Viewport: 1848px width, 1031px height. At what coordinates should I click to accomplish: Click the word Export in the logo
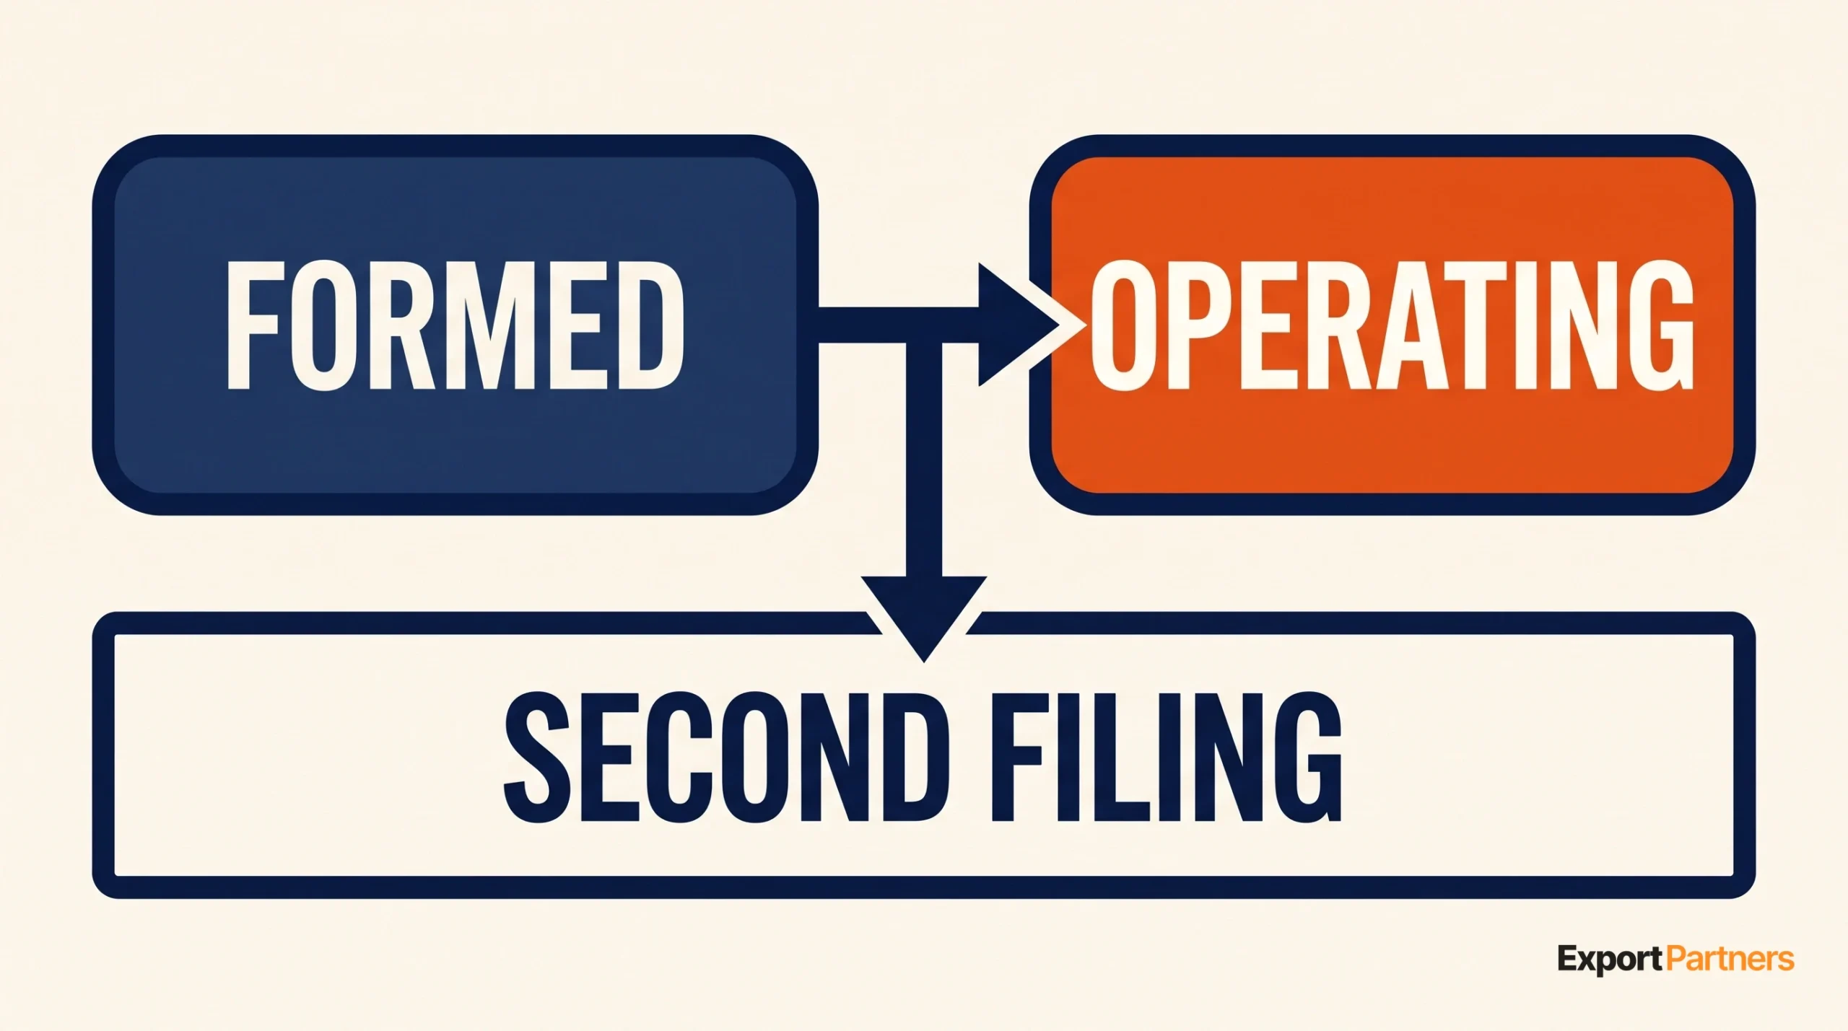pos(1610,960)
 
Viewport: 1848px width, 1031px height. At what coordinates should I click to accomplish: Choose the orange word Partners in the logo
pos(1730,959)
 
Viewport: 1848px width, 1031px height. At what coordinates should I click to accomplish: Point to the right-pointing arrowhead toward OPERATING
pos(1019,325)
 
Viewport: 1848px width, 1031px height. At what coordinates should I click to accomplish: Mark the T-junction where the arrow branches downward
pos(924,325)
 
